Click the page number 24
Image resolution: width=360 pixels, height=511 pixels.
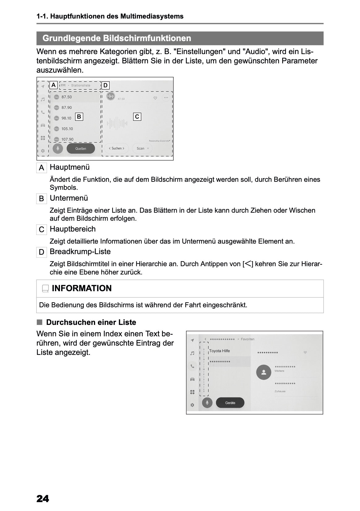(x=43, y=499)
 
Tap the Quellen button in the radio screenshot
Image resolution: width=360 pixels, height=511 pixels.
(x=81, y=149)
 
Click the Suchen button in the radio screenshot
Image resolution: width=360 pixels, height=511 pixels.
(x=116, y=148)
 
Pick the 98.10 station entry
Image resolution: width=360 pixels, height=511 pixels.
(x=66, y=118)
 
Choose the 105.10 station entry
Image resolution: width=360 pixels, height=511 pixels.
(x=67, y=129)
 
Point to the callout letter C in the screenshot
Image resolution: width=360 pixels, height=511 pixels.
(x=137, y=117)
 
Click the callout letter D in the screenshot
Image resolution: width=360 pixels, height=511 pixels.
(x=105, y=85)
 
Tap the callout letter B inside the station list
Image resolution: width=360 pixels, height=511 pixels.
(x=79, y=117)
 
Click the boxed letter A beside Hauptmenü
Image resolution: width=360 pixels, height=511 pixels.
(x=41, y=168)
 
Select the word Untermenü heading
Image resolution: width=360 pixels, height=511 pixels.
(x=69, y=198)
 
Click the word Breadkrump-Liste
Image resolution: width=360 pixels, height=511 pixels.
(x=80, y=252)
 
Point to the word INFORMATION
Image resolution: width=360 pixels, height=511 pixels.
(x=82, y=288)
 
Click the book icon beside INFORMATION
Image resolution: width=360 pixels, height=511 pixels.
(x=45, y=289)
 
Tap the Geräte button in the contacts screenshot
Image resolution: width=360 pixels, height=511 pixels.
(x=230, y=403)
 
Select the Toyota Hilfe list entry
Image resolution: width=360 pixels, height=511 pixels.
(x=220, y=351)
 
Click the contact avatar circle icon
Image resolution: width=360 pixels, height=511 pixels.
(x=264, y=373)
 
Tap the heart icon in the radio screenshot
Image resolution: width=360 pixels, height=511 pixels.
(x=155, y=98)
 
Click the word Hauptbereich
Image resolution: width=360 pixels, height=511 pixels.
(x=73, y=229)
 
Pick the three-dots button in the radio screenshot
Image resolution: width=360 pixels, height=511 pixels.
(x=166, y=98)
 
